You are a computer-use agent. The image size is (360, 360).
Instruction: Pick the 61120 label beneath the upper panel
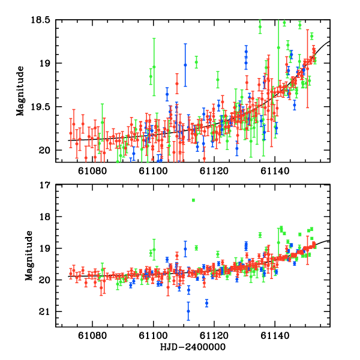[x=214, y=171]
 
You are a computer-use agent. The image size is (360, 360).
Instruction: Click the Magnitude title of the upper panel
[x=21, y=90]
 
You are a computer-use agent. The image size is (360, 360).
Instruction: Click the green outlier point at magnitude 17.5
[x=193, y=200]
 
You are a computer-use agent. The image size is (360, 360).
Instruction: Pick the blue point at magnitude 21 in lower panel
[x=188, y=311]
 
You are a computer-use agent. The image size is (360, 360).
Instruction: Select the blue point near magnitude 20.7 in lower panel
[x=206, y=303]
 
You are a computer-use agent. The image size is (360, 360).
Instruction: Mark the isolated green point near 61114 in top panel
[x=196, y=61]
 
